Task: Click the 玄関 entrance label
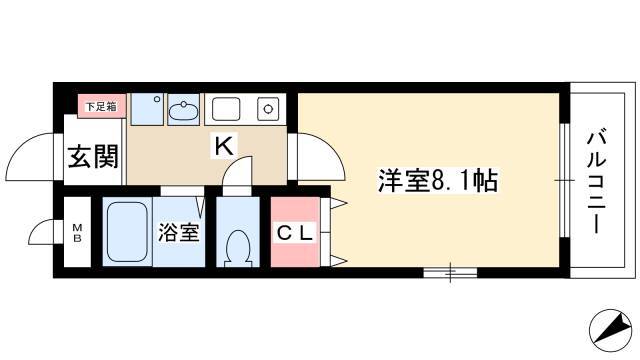(x=93, y=157)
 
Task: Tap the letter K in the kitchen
(x=224, y=146)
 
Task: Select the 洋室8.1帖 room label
(x=438, y=181)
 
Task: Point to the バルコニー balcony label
(x=596, y=182)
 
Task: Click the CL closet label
(x=295, y=233)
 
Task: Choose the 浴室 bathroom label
(x=178, y=232)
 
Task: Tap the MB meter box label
(x=77, y=233)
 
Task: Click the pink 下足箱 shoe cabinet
(x=102, y=107)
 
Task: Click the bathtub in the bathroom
(x=127, y=231)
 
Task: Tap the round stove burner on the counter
(x=268, y=109)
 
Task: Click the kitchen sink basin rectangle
(x=226, y=109)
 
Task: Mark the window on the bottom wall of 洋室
(x=450, y=272)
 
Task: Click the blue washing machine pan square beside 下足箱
(x=147, y=109)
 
